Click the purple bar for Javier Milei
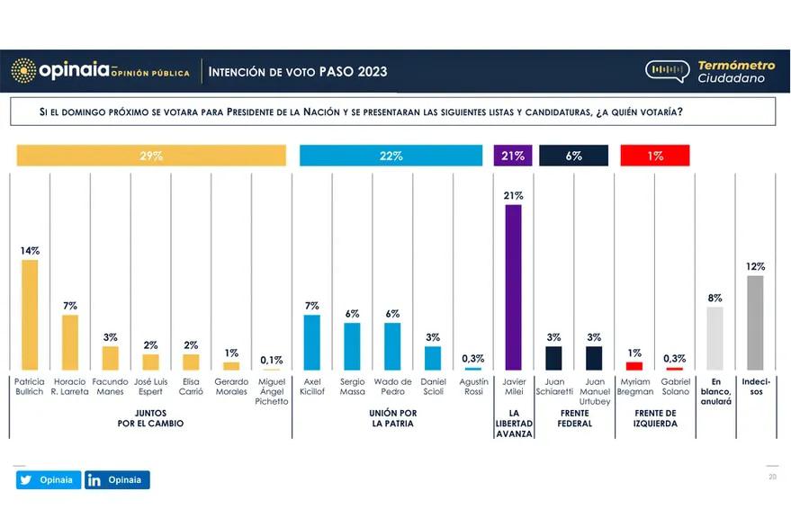(x=513, y=287)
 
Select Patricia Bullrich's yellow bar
(x=30, y=315)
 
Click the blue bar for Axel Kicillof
(x=311, y=342)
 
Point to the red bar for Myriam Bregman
(x=634, y=365)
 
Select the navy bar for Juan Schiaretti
(x=553, y=358)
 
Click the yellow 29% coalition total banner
(x=151, y=156)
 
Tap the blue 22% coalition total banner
(x=391, y=156)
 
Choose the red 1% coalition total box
(x=655, y=156)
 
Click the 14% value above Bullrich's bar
(x=30, y=251)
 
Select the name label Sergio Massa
(x=352, y=387)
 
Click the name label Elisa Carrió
(x=191, y=387)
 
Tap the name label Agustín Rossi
(x=473, y=387)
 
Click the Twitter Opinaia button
(x=49, y=479)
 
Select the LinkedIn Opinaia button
(x=117, y=479)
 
